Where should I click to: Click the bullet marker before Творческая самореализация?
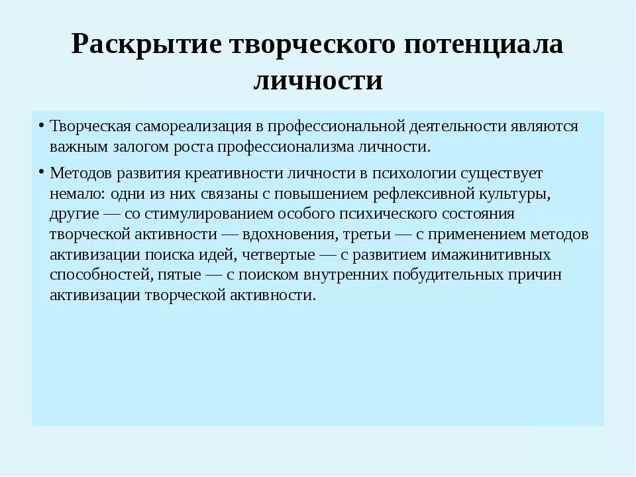41,126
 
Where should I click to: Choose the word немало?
75,195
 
